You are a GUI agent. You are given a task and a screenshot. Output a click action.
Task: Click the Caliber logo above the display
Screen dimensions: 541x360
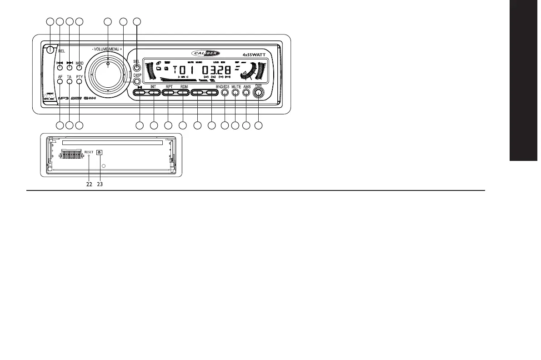(x=208, y=52)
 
